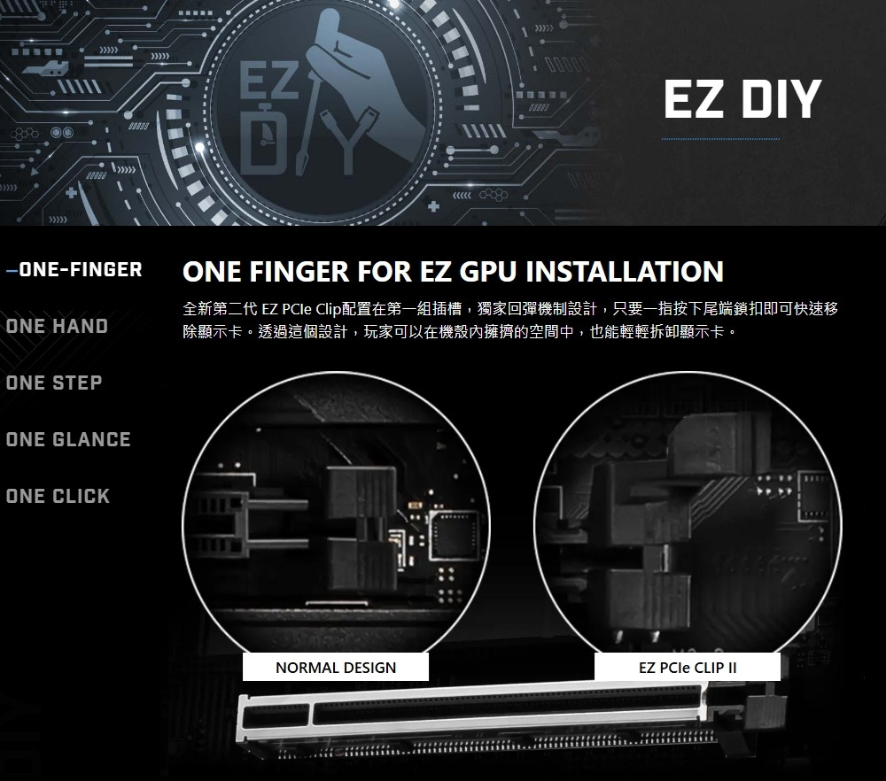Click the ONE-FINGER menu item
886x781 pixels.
tap(81, 270)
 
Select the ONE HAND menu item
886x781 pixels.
tap(57, 327)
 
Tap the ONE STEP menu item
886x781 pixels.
tap(54, 383)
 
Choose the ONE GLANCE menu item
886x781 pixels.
tap(68, 439)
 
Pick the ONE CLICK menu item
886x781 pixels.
tap(58, 497)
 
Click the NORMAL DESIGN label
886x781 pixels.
tap(336, 668)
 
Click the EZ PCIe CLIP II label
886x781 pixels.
tap(688, 668)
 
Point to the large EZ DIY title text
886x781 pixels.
tap(742, 99)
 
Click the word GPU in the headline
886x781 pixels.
tap(488, 271)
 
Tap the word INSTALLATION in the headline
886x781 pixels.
tap(625, 271)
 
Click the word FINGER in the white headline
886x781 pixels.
tap(299, 271)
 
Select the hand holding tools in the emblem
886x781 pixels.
tap(361, 90)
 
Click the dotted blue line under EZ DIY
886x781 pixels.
tap(719, 139)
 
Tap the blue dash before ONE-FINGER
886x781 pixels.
tap(12, 270)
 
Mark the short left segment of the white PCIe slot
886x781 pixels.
tap(276, 717)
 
